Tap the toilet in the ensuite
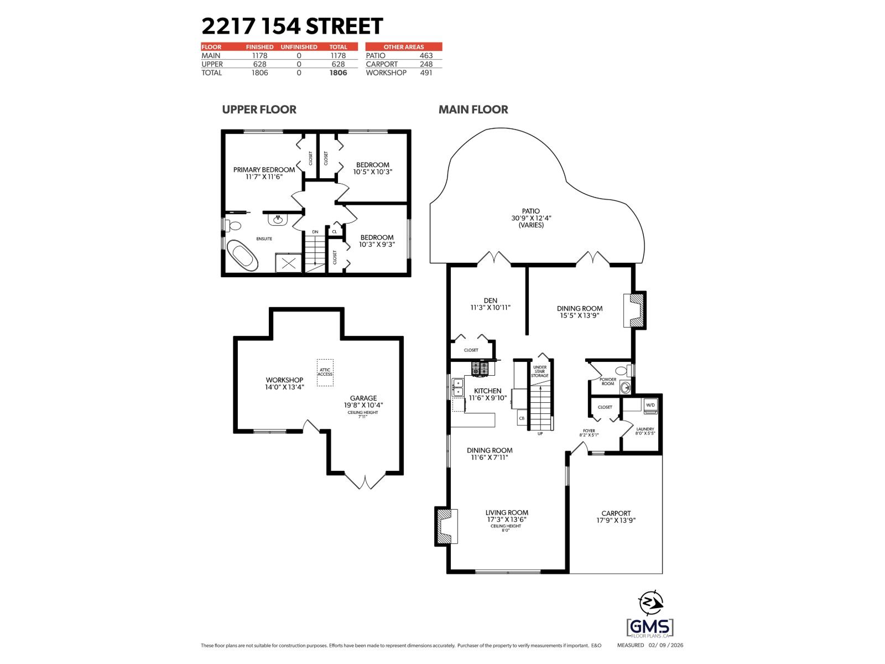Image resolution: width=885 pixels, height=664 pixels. pos(234,226)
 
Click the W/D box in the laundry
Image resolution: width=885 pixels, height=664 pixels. pos(650,405)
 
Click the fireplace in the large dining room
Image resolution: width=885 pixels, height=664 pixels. pos(634,310)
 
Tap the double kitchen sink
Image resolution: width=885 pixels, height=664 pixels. pos(458,387)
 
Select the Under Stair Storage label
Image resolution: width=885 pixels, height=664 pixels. pos(540,371)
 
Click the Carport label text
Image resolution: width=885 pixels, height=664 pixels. pos(616,513)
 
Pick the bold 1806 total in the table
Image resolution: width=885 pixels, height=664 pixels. pos(338,72)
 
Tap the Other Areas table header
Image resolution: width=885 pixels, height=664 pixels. pos(404,47)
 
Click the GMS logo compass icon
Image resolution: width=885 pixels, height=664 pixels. pos(650,603)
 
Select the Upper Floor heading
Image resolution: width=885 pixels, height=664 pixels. pos(259,110)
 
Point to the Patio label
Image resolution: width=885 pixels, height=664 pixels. pos(531,211)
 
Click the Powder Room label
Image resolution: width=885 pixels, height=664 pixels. pos(608,381)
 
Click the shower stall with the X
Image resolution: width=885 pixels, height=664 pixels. pos(289,263)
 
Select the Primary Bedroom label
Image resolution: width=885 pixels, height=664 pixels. pos(264,169)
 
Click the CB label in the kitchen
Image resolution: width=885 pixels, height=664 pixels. pos(522,419)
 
